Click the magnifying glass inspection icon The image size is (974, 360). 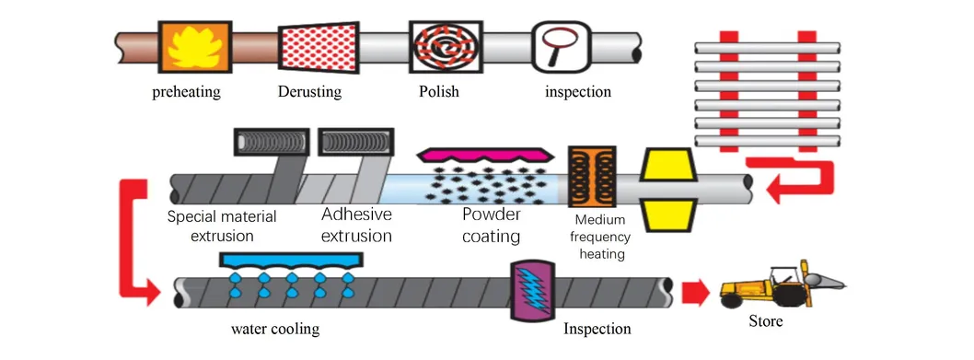click(x=560, y=46)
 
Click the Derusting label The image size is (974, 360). click(x=309, y=92)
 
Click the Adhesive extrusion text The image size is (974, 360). click(x=356, y=226)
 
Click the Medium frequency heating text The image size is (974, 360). click(x=600, y=237)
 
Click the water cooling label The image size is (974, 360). click(x=279, y=329)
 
